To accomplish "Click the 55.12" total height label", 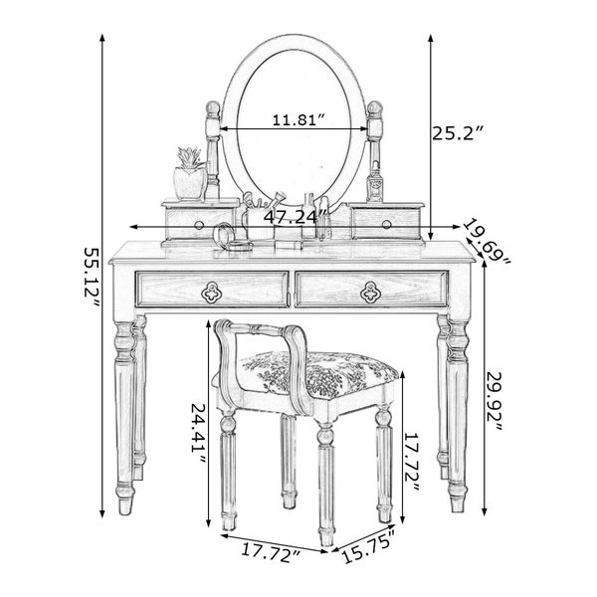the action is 92,278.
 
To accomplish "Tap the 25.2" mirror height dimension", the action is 458,133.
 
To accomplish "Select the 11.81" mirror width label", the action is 299,120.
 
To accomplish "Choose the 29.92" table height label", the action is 495,401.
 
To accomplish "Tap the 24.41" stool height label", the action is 198,433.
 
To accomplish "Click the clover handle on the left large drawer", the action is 211,292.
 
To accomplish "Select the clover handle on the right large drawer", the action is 370,292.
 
